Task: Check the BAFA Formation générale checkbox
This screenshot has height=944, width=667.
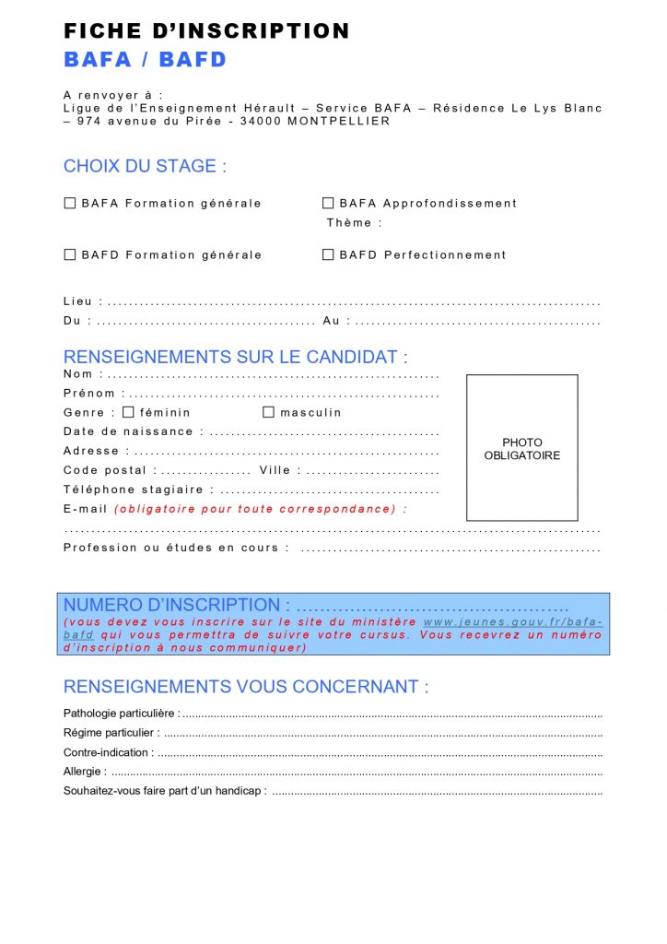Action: (x=70, y=203)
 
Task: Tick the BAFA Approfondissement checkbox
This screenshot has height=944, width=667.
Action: (x=328, y=203)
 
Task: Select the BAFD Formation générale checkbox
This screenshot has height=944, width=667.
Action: (x=70, y=254)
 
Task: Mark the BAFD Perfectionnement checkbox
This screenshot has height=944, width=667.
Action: (x=328, y=254)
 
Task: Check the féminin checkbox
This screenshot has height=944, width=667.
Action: (x=128, y=412)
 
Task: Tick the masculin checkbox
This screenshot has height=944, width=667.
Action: (x=269, y=412)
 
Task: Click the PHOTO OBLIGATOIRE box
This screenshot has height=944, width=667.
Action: (x=521, y=448)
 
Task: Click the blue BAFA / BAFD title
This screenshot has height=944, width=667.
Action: (x=145, y=60)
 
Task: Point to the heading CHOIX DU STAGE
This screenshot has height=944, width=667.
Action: (x=145, y=167)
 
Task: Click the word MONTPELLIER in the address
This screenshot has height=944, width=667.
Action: (x=339, y=121)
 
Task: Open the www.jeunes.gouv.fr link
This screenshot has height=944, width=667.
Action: (x=512, y=622)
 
